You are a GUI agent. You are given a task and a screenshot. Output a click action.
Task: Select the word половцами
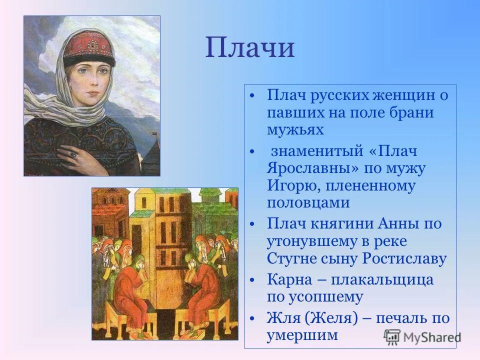(308, 202)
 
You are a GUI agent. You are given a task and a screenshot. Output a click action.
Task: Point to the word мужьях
(295, 129)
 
